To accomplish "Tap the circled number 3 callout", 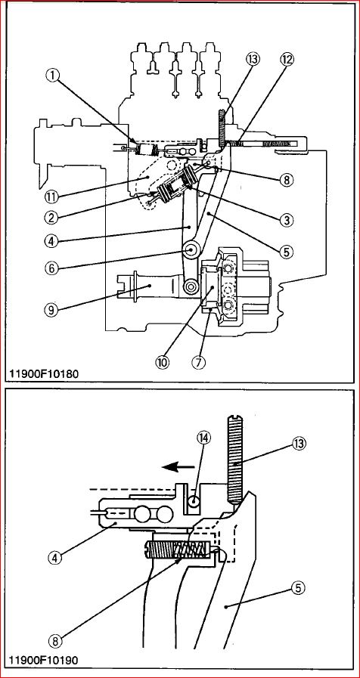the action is click(x=286, y=220).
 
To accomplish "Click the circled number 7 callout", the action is click(x=199, y=362).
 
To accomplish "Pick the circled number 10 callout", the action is click(x=163, y=362).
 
